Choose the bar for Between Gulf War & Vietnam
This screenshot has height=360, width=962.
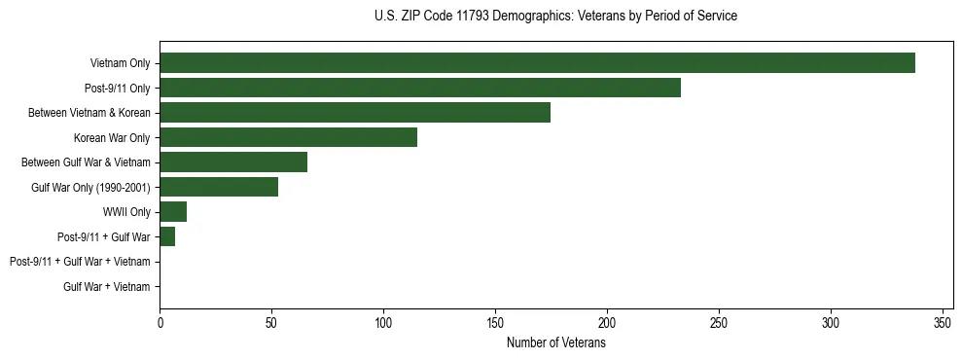(x=233, y=162)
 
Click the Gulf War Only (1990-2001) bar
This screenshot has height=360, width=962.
(x=219, y=187)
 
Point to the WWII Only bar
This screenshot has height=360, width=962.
(x=173, y=212)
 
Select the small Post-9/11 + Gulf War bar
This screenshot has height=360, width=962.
(x=167, y=236)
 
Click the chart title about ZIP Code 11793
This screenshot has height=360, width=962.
(x=555, y=17)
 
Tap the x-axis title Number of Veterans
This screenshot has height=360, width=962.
(x=555, y=343)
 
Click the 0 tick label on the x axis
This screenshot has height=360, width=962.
(x=160, y=323)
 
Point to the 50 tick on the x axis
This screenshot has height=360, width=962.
(x=272, y=323)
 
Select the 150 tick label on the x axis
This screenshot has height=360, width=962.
(x=496, y=323)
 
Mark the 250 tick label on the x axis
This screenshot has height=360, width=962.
(x=719, y=323)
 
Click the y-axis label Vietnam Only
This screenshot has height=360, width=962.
(x=120, y=63)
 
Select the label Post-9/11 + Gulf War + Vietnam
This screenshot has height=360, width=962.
(x=80, y=262)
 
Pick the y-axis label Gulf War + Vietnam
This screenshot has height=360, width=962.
(x=107, y=286)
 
